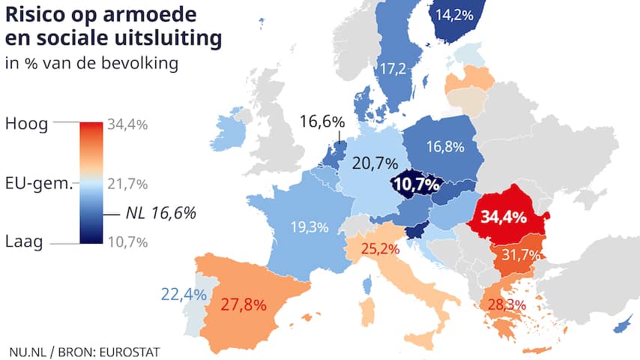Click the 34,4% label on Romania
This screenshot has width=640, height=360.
click(504, 217)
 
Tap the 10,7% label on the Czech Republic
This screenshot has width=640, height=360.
click(417, 184)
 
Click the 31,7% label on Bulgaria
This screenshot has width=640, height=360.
click(521, 255)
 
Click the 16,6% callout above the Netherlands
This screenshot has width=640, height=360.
click(321, 121)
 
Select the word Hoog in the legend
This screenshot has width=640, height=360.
click(26, 124)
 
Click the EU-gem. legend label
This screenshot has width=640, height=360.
click(38, 184)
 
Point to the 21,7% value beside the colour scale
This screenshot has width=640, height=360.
click(127, 184)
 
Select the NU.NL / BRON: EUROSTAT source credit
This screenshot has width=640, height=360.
click(85, 350)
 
